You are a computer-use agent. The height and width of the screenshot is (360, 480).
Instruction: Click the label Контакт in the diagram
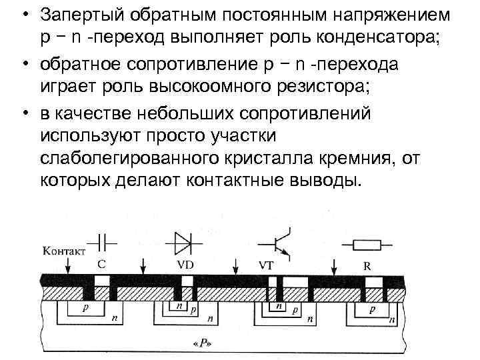point(64,251)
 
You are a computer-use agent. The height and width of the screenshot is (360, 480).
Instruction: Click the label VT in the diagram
point(265,264)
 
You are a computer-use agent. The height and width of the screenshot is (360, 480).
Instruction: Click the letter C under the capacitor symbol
point(101,263)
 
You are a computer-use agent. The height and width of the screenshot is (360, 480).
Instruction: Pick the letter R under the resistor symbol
point(367,265)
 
